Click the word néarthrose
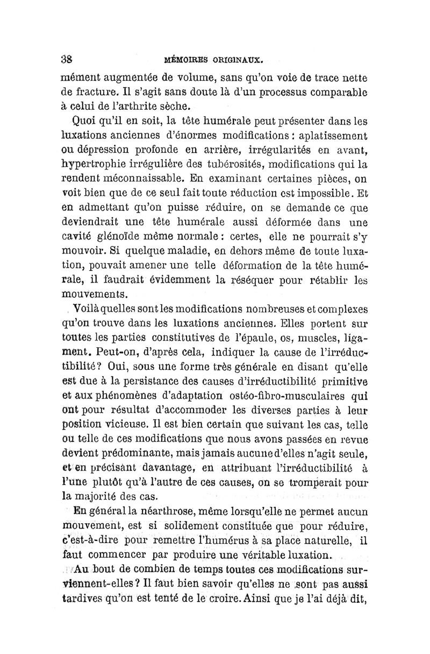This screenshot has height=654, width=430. tap(157, 511)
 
